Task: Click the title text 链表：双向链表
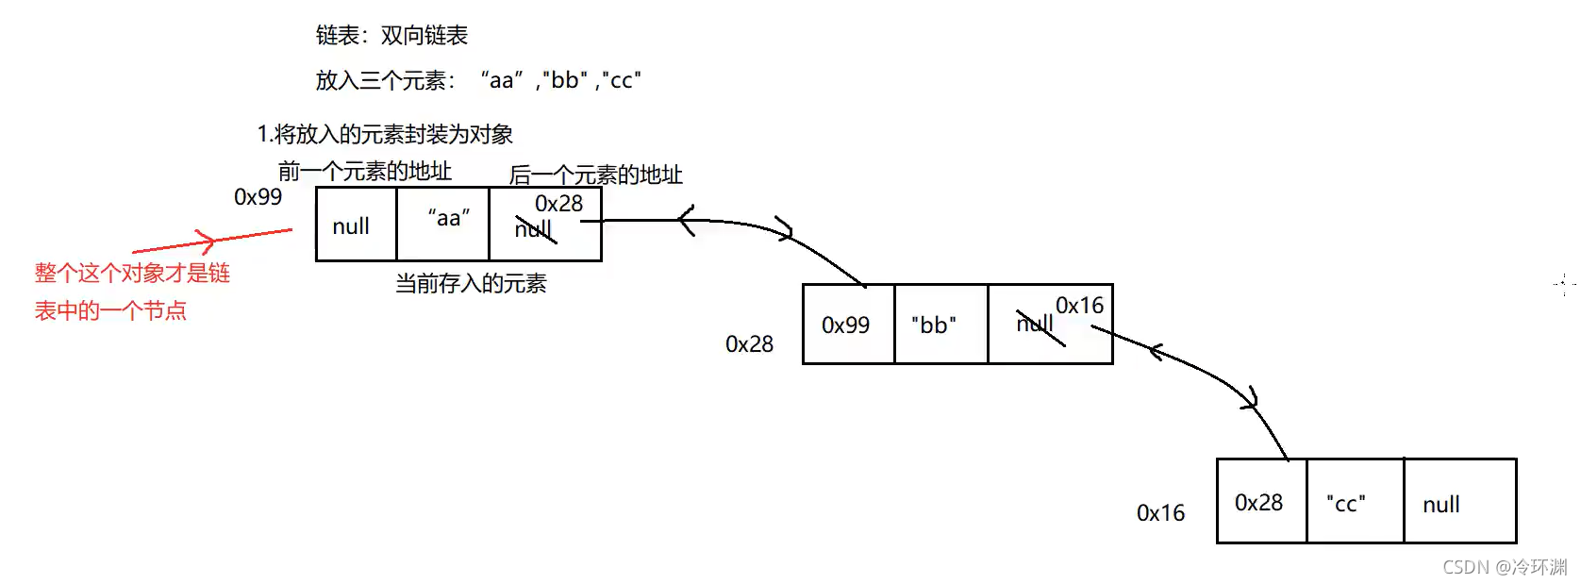pyautogui.click(x=391, y=36)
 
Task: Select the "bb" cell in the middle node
pyautogui.click(x=934, y=325)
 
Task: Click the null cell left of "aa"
pyautogui.click(x=351, y=226)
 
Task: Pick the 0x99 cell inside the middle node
pyautogui.click(x=845, y=325)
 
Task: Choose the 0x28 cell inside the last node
pyautogui.click(x=1258, y=503)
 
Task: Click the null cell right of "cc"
pyautogui.click(x=1441, y=505)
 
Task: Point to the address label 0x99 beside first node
pyautogui.click(x=258, y=197)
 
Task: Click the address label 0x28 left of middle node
pyautogui.click(x=749, y=344)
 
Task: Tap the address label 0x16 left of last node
pyautogui.click(x=1160, y=513)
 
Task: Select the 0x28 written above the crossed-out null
pyautogui.click(x=558, y=203)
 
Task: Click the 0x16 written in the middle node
pyautogui.click(x=1079, y=306)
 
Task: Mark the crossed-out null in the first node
pyautogui.click(x=533, y=229)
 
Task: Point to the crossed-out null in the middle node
pyautogui.click(x=1036, y=324)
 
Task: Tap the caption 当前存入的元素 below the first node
pyautogui.click(x=471, y=284)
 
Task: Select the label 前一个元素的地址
pyautogui.click(x=365, y=171)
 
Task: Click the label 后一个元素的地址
pyautogui.click(x=595, y=175)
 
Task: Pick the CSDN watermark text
pyautogui.click(x=1505, y=567)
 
